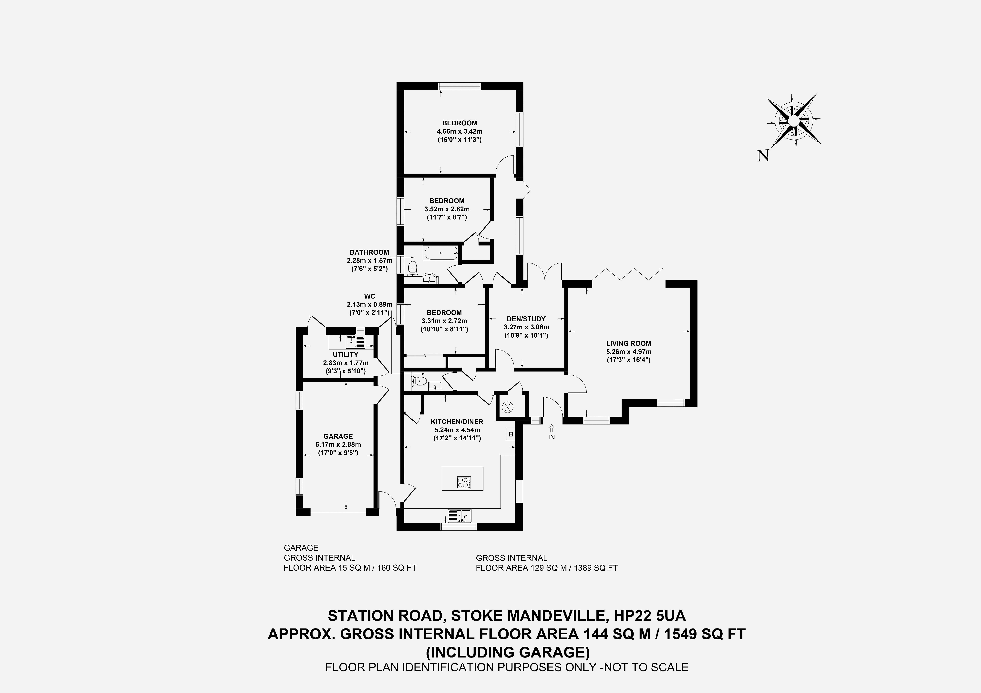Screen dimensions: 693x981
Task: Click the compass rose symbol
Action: pos(793,121)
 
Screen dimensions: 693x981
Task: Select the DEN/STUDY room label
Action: pos(526,319)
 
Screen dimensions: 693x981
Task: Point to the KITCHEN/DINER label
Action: pos(457,422)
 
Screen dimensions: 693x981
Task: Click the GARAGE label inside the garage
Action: pos(338,436)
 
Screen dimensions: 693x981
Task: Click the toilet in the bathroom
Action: pos(412,268)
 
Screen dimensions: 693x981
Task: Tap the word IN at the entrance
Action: pos(552,437)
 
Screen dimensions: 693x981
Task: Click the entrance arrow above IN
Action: pos(552,427)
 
